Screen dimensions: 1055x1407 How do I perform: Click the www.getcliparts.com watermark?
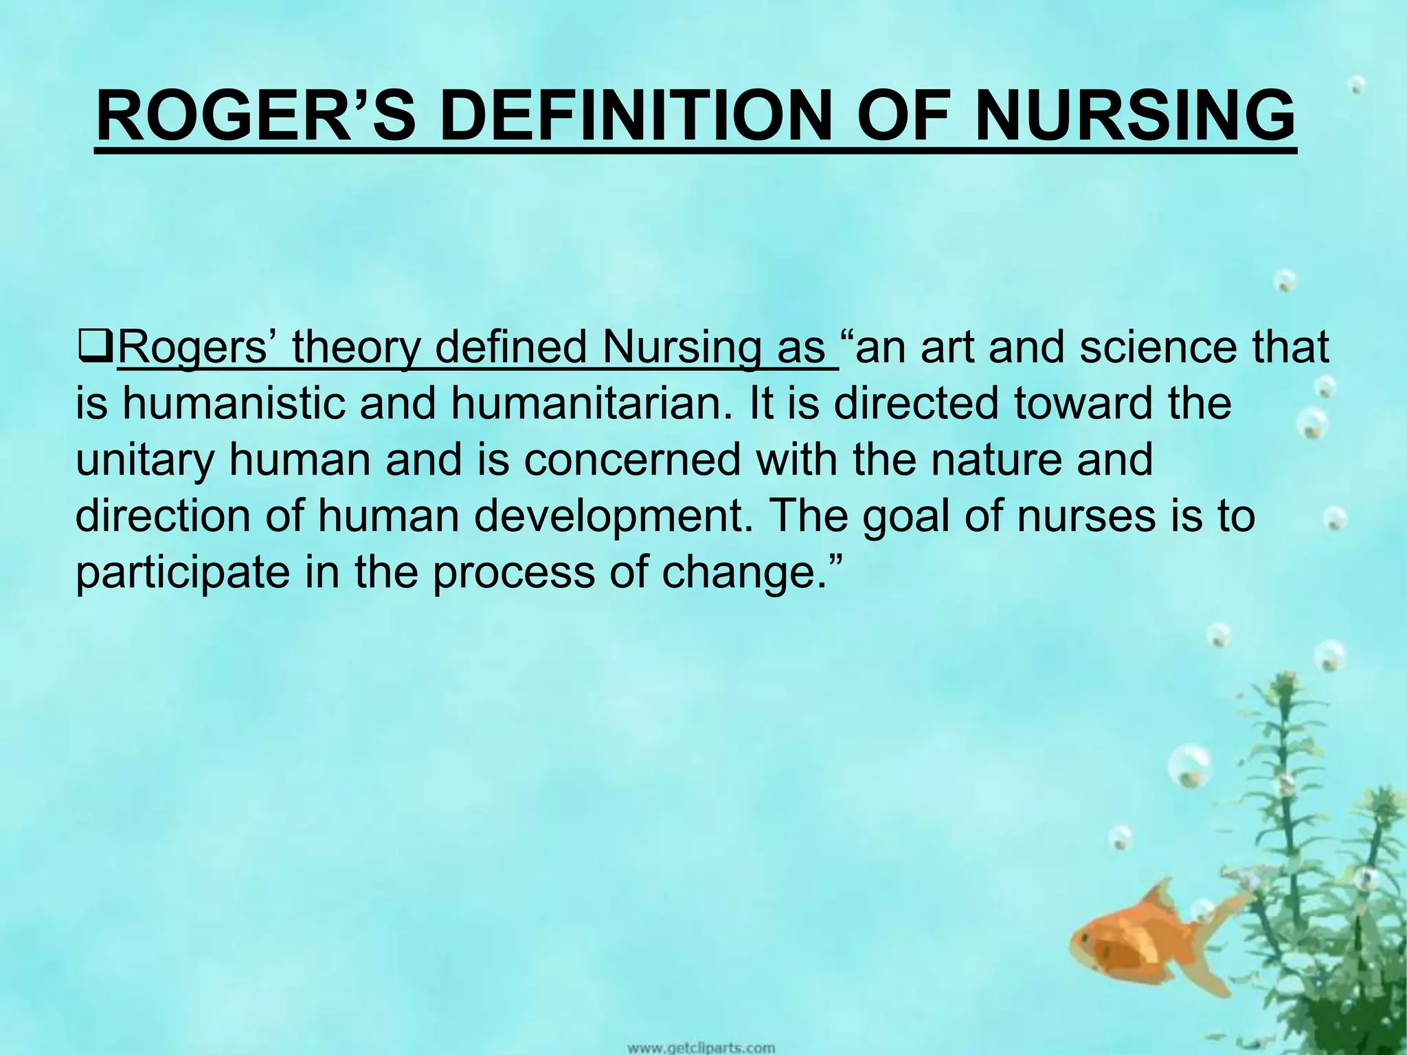pos(701,1048)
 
